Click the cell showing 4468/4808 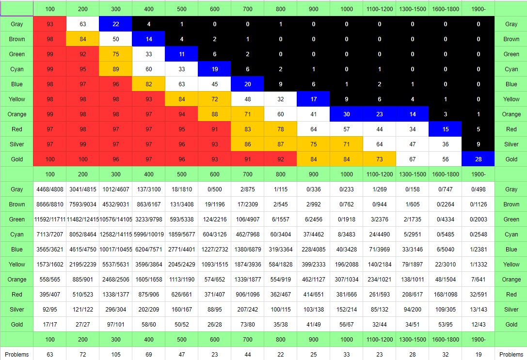point(50,189)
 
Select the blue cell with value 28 point(478,159)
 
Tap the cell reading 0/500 point(215,189)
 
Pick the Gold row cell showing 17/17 point(50,324)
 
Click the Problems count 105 point(116,354)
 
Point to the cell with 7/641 point(478,279)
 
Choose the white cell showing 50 point(116,39)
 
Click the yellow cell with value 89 point(116,69)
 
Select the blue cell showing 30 point(346,114)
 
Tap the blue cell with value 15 point(445,129)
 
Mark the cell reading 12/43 point(478,324)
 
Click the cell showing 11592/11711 point(50,219)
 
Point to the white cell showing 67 point(412,159)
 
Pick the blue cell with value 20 point(248,84)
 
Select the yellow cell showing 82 point(149,84)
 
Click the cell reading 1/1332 point(478,264)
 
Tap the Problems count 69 point(149,354)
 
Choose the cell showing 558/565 point(50,279)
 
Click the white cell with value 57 point(346,129)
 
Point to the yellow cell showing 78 point(281,129)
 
